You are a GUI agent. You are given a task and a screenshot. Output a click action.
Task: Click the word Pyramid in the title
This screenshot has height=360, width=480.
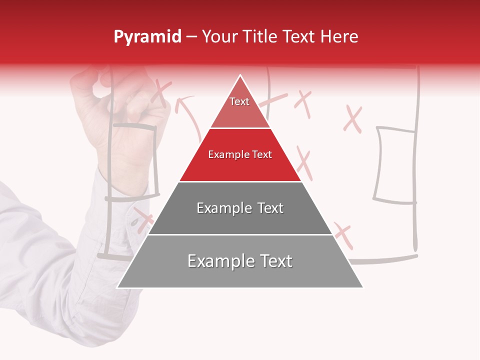(x=147, y=37)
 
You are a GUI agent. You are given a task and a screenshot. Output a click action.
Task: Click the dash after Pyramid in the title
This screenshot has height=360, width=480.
(x=191, y=37)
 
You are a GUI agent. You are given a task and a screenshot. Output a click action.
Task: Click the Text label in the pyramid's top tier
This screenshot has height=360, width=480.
(x=239, y=101)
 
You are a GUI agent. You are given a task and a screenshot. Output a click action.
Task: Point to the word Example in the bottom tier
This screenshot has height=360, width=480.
(x=220, y=261)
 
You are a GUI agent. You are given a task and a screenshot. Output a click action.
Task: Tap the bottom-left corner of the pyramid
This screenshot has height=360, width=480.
(x=118, y=287)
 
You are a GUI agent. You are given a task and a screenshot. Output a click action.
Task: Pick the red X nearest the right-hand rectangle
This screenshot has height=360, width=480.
(x=353, y=119)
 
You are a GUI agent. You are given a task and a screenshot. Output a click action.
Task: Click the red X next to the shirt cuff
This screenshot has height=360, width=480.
(x=144, y=220)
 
